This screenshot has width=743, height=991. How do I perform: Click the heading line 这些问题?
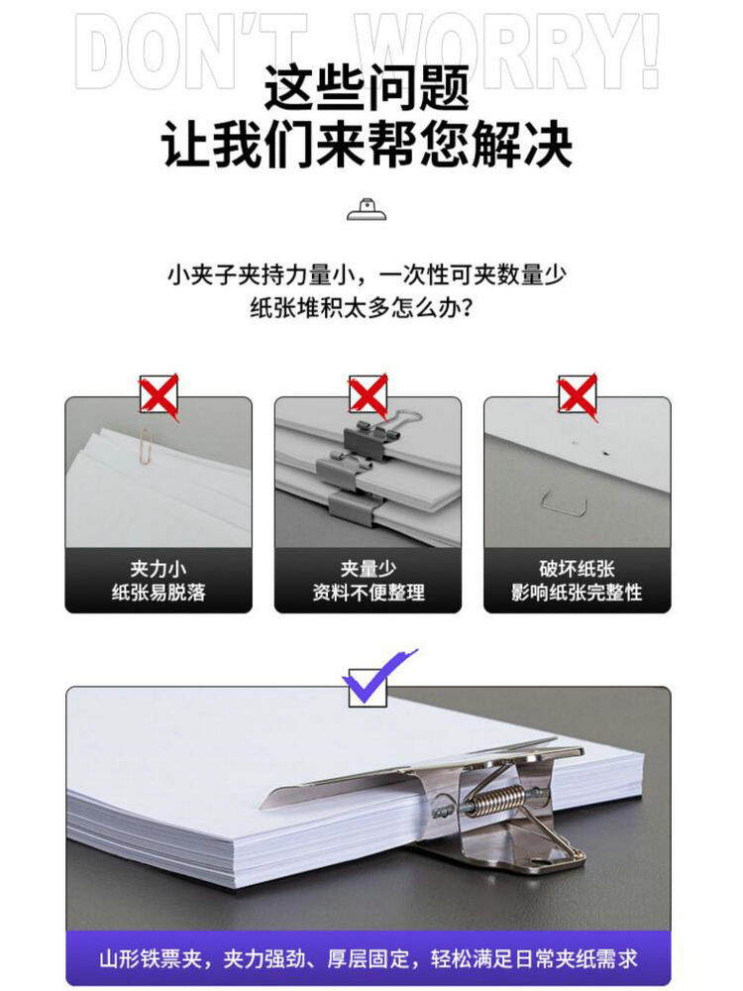pos(368,87)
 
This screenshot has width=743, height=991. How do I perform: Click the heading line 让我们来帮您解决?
pos(368,145)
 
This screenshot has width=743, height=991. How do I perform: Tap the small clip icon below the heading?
pos(367,209)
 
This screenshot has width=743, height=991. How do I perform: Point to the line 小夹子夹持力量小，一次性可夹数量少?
pos(368,275)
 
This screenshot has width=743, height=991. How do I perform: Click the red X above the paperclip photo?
pos(159,395)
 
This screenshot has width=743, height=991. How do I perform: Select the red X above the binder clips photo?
pos(369,395)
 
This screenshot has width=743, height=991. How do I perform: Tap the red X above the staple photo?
pos(578,395)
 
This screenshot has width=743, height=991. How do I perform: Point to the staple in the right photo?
pos(565,501)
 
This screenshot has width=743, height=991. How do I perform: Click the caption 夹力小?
pos(158,568)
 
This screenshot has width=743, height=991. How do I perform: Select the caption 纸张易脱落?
pos(159,593)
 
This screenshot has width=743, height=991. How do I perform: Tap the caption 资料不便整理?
pos(369,593)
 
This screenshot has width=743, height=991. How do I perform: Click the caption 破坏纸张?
pos(577,568)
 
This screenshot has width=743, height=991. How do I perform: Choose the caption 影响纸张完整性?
pos(577,593)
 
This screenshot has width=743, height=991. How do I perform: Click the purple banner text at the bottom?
pos(369,958)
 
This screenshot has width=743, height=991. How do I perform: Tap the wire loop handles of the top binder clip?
pos(402,420)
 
